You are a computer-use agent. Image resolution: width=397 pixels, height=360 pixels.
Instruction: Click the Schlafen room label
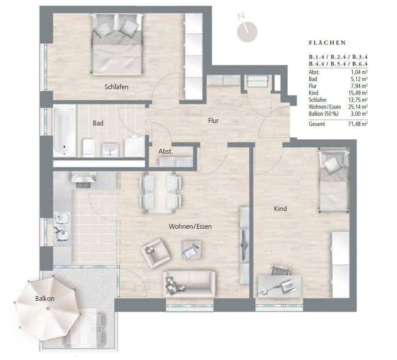(116, 87)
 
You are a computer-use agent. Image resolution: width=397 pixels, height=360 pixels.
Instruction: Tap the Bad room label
(98, 123)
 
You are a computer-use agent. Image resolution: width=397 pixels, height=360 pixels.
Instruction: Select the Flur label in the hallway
(213, 121)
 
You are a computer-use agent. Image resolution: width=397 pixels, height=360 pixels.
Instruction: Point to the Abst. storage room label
(166, 151)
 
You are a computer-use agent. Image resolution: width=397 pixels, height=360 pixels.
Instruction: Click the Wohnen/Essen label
(190, 226)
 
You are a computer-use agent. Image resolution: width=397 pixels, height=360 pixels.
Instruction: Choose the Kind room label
(280, 208)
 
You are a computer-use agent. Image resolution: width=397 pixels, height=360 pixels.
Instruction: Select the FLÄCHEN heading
(327, 43)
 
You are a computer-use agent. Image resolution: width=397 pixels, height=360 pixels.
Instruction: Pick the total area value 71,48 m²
(359, 124)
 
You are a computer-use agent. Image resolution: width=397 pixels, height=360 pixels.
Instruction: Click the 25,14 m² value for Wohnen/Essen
(359, 107)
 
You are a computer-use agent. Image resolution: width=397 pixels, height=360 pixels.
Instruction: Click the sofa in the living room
(189, 283)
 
